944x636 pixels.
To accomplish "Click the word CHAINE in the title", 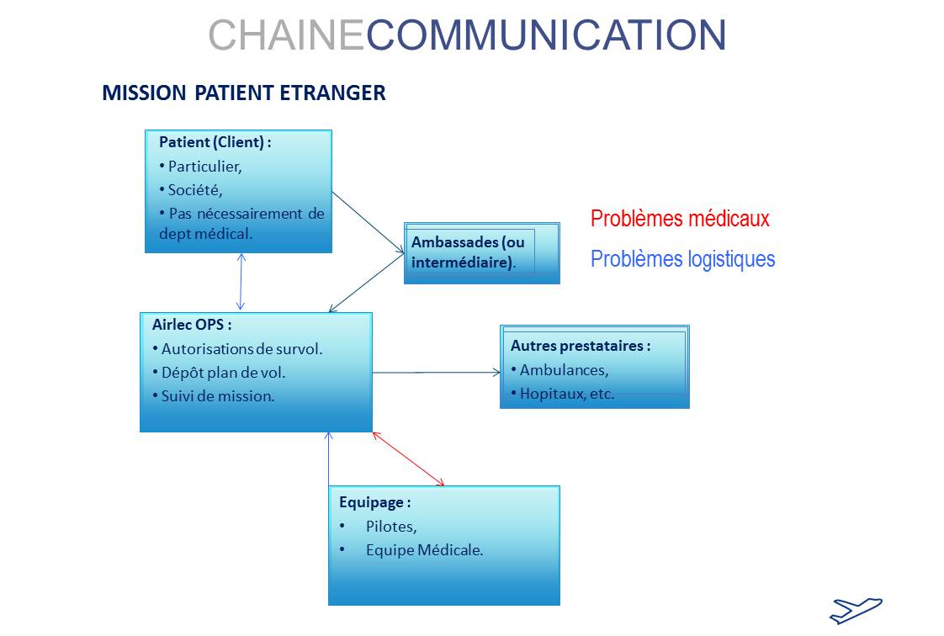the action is [x=286, y=34].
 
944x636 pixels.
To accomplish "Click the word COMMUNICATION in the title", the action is [x=546, y=34].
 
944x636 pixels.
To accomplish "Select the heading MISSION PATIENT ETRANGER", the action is [x=244, y=93].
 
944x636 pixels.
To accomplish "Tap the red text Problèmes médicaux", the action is [x=680, y=219].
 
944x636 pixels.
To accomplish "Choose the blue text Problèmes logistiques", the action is [x=682, y=259].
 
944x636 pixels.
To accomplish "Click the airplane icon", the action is [x=856, y=611].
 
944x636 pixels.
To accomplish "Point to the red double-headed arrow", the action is [x=408, y=458].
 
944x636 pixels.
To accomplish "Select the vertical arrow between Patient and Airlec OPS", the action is [x=241, y=282].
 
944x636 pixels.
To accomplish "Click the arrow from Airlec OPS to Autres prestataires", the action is [x=437, y=373].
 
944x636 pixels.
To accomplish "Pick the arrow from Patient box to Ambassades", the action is [x=368, y=223].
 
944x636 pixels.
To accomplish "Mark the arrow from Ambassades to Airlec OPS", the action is [x=366, y=283].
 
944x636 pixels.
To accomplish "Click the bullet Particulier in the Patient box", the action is [x=200, y=167].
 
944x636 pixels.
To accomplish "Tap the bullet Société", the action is [x=191, y=190].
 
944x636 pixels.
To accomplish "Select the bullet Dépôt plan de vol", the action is [x=219, y=373].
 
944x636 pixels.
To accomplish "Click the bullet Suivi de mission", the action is [x=214, y=396].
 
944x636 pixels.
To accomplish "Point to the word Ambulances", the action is [x=564, y=370].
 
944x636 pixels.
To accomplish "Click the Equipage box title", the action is [x=375, y=502].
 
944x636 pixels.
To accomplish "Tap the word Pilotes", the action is [x=391, y=527].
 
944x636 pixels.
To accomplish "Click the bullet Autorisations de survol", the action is [x=237, y=349].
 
